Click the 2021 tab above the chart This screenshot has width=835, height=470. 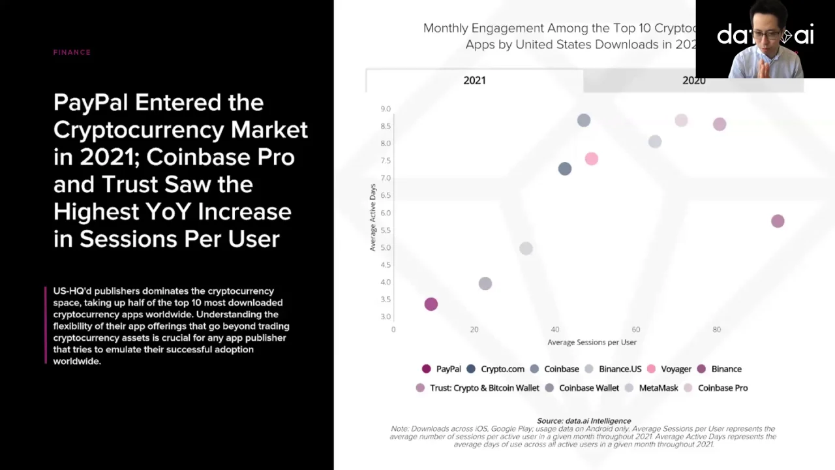click(474, 80)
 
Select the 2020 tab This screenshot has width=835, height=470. click(693, 81)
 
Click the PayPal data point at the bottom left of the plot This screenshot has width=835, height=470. click(431, 304)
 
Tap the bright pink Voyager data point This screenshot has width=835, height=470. click(591, 159)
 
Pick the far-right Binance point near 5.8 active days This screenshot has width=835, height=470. click(777, 221)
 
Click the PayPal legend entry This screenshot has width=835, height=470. click(442, 369)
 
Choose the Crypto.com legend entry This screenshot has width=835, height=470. click(496, 369)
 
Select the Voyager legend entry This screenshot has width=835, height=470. click(669, 369)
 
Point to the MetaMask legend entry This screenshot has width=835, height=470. click(652, 388)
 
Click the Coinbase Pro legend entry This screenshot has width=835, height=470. click(716, 388)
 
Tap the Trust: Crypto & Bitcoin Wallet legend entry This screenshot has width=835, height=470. click(478, 388)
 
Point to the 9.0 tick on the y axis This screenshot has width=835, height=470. click(386, 109)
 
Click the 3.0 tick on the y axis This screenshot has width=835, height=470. click(386, 317)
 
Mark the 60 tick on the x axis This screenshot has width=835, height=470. click(635, 330)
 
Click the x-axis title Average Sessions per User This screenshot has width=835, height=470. click(592, 342)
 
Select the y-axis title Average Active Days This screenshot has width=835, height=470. click(372, 217)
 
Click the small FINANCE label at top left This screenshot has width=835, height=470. click(72, 52)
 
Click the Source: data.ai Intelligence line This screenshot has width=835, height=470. click(584, 421)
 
